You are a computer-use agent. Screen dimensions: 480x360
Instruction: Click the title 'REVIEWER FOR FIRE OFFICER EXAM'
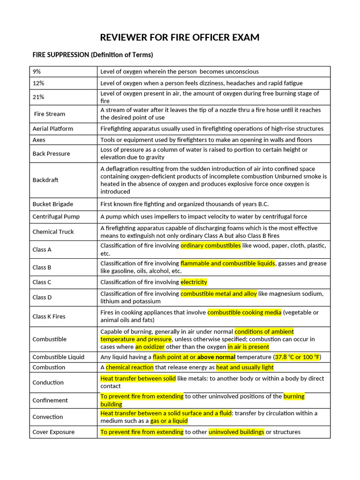(x=180, y=37)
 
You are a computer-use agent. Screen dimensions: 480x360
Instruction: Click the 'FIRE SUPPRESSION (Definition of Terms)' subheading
(x=92, y=55)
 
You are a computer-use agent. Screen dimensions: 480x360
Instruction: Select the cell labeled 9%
(x=37, y=72)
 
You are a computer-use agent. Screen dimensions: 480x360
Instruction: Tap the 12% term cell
(x=38, y=83)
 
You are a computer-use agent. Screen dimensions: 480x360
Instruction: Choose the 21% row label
(x=38, y=97)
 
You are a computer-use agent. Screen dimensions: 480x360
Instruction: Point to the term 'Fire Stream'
(x=50, y=114)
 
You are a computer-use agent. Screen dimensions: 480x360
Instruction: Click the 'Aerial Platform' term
(x=52, y=128)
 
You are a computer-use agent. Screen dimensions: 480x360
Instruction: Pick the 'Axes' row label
(x=39, y=140)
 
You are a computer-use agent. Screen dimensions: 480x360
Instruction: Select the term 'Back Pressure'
(x=51, y=154)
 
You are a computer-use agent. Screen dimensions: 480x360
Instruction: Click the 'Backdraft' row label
(x=45, y=180)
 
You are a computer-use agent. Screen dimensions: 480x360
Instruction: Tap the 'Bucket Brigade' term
(x=52, y=204)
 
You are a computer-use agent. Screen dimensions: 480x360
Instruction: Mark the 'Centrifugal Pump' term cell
(x=56, y=217)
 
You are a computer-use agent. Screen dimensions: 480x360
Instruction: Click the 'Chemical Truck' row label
(x=53, y=232)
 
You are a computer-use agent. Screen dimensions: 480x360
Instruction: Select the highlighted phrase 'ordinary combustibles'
(x=210, y=246)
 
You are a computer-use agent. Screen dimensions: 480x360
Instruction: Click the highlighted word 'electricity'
(x=194, y=282)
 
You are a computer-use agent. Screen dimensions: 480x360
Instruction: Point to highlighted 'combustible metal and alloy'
(x=218, y=294)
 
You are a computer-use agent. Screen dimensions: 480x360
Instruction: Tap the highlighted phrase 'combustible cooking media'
(x=244, y=313)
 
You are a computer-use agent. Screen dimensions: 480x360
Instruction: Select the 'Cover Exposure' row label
(x=53, y=432)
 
